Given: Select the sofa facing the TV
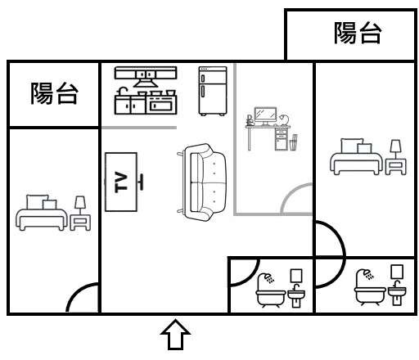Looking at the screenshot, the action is click(x=202, y=182).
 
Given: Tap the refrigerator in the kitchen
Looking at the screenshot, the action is click(x=213, y=91).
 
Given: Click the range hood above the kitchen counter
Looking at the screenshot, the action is click(x=146, y=77).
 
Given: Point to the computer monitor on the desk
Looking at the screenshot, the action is click(x=265, y=116).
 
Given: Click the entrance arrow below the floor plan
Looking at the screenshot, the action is click(x=175, y=335).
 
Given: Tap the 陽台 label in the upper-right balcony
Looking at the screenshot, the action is click(x=358, y=33).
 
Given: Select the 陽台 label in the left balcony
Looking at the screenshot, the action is click(x=54, y=93).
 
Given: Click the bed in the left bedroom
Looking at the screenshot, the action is click(x=42, y=213).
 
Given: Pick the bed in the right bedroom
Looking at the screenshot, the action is click(x=356, y=156).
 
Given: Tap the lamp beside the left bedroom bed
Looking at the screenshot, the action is click(x=80, y=205).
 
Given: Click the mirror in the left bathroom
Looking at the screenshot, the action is click(x=296, y=276).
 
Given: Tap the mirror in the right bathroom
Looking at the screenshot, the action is click(x=397, y=272).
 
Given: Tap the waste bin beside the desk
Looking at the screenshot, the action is click(x=293, y=143).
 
